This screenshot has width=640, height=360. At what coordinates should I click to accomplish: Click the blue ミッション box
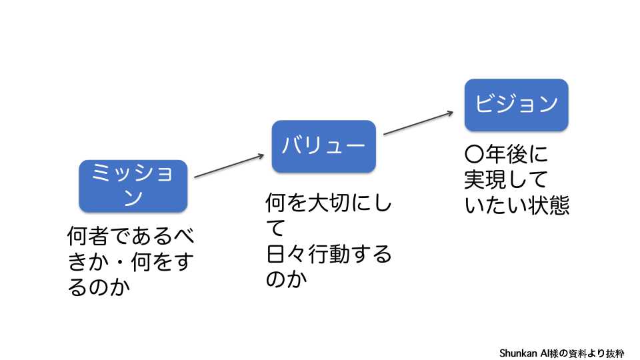[133, 185]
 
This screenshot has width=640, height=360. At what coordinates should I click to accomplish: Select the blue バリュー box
[323, 146]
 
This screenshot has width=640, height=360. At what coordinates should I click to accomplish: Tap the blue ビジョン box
[516, 105]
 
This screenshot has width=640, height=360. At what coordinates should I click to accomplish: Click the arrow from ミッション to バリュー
[229, 167]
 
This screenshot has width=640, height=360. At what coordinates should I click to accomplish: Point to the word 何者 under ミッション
[89, 237]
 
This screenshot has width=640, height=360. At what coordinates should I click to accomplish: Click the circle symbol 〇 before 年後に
[473, 155]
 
